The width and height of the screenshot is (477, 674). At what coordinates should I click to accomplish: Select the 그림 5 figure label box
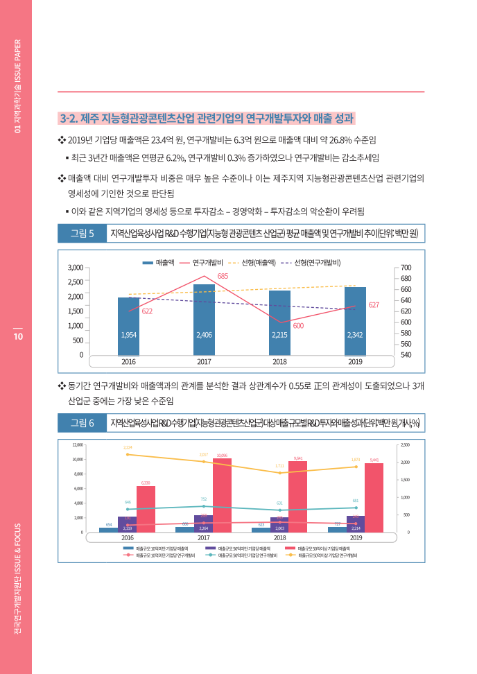(82, 233)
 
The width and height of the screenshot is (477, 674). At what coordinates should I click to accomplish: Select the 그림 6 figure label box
(82, 422)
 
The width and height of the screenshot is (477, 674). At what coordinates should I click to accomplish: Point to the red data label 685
(223, 276)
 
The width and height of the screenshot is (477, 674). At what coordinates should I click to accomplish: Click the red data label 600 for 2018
(297, 325)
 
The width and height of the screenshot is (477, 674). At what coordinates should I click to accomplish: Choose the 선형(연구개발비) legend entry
(309, 262)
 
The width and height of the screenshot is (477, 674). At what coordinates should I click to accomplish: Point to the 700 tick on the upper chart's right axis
(406, 267)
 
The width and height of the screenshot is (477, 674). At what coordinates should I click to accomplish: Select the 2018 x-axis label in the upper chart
(279, 361)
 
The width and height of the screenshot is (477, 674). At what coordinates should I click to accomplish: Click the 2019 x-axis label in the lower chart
(356, 537)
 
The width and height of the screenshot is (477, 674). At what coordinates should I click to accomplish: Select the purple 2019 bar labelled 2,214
(356, 524)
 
